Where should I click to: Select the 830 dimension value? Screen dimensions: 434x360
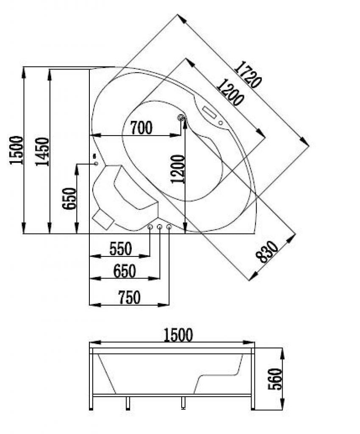coord(267,252)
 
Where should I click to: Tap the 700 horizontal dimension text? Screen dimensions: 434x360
coord(141,127)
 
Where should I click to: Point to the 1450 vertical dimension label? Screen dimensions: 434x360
coord(42,152)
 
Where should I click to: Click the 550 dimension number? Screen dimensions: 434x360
coord(121,249)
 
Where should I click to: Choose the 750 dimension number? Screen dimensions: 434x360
coord(129,298)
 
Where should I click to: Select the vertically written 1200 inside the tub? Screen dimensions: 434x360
coord(178,169)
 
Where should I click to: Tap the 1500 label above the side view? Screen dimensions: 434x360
coord(177,335)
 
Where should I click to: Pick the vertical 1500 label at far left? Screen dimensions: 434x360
coord(16,150)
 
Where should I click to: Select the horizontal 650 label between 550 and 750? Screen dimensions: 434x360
coord(125,271)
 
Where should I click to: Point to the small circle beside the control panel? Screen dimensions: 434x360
coord(221,123)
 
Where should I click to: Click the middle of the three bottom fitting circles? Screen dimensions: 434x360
coord(160,228)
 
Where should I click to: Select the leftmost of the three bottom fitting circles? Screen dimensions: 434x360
coord(150,228)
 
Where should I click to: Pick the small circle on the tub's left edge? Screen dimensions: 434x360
coord(96,163)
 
